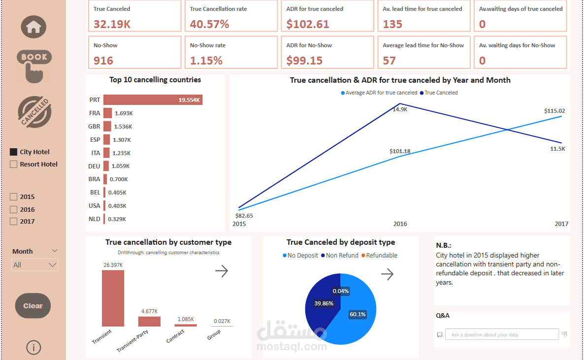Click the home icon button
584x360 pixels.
[x=33, y=27]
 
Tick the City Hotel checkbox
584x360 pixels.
[x=14, y=152]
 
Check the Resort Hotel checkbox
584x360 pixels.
[x=14, y=164]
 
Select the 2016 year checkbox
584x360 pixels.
[x=14, y=209]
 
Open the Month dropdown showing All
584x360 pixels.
[x=34, y=265]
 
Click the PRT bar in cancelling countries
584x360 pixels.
[x=153, y=100]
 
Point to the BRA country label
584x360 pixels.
[x=95, y=179]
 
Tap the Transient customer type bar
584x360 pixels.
[x=113, y=298]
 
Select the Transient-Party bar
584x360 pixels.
[x=149, y=321]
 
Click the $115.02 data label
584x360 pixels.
[x=554, y=111]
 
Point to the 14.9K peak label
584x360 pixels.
[x=400, y=109]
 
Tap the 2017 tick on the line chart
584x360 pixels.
[x=561, y=224]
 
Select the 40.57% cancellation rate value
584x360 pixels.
[x=210, y=24]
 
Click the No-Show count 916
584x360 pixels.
[x=103, y=61]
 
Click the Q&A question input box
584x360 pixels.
[x=502, y=334]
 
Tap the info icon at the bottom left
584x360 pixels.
[x=33, y=348]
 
